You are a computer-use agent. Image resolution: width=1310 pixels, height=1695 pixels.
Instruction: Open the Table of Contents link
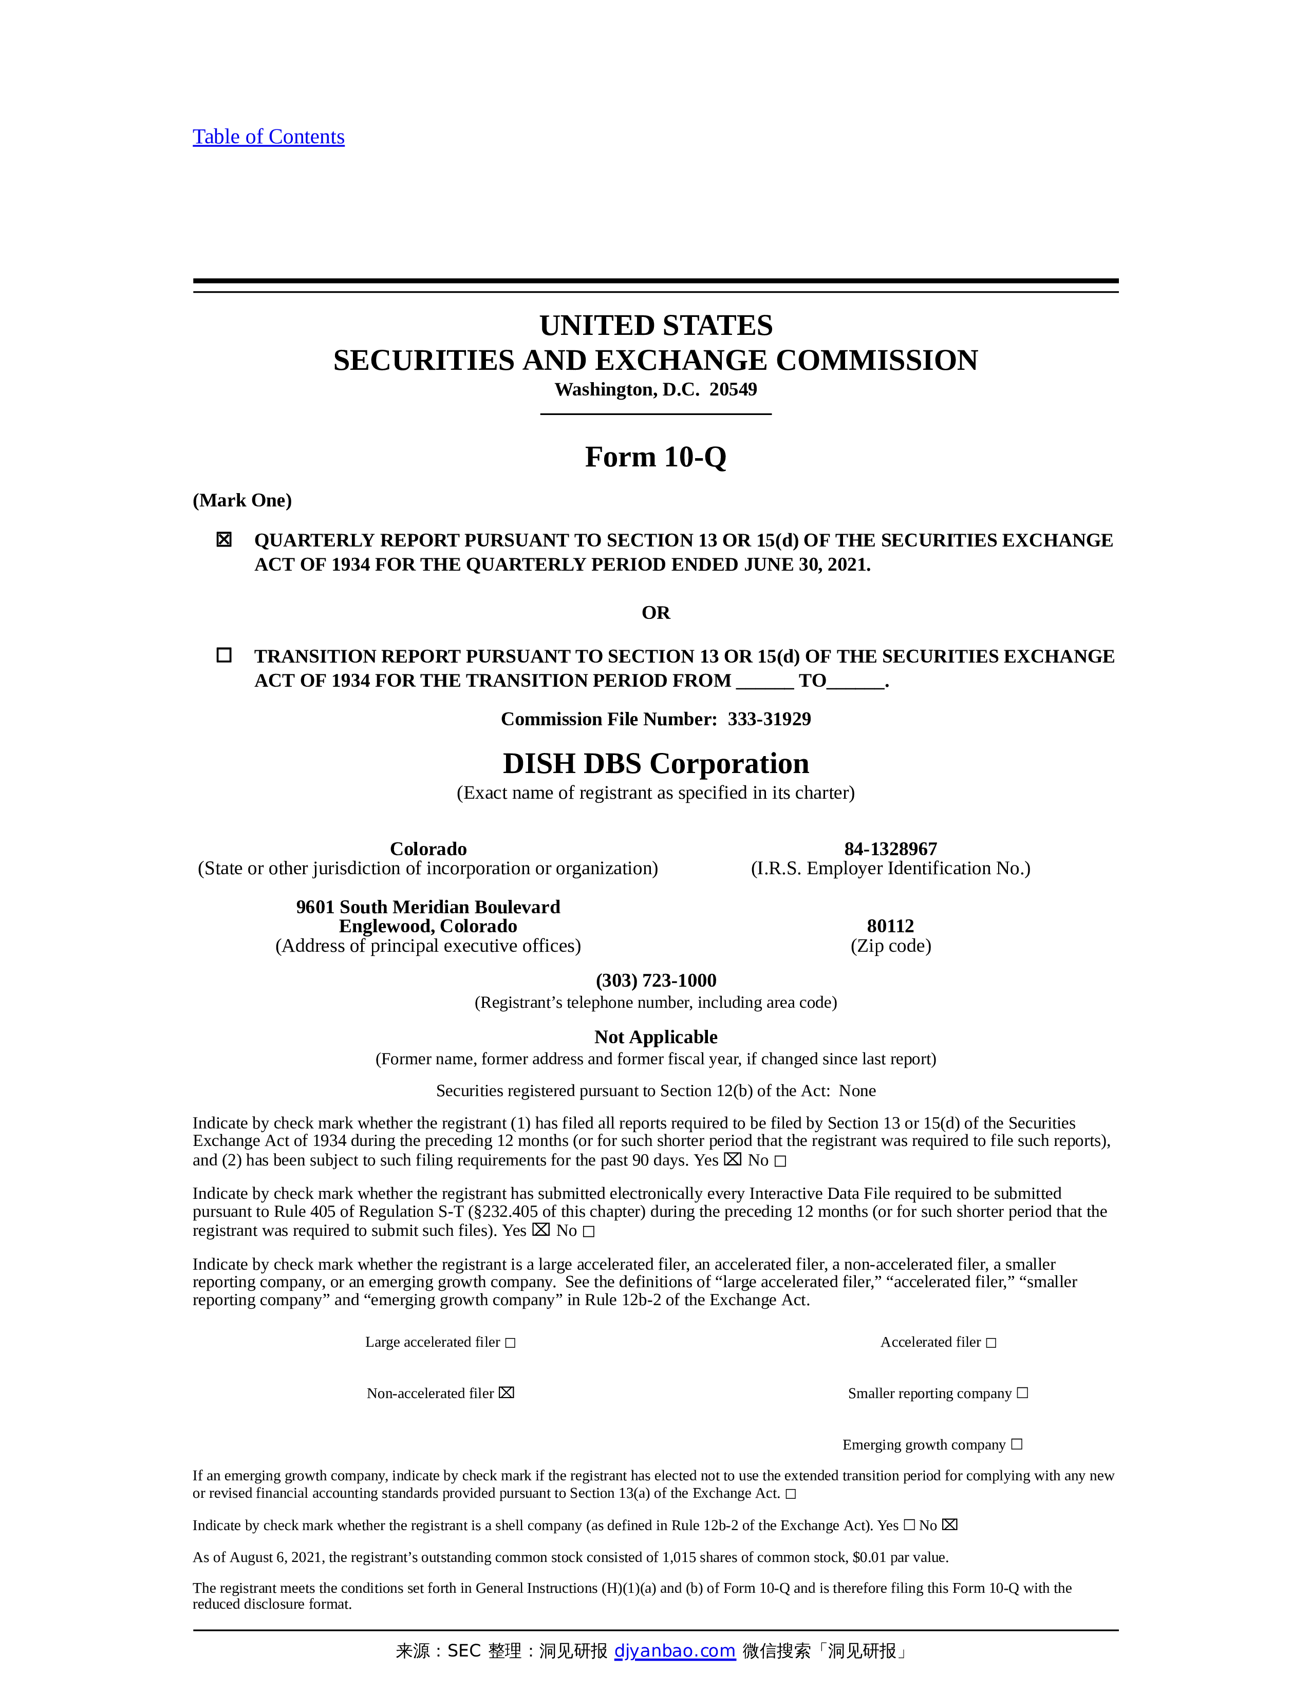click(269, 137)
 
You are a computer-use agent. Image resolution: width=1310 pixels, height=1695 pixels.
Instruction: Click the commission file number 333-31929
click(769, 720)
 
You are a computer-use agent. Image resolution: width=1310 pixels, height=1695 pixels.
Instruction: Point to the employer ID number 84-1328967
click(890, 849)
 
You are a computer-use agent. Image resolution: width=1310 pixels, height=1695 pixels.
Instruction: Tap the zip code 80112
click(890, 926)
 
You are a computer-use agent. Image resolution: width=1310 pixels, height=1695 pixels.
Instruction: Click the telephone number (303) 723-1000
click(656, 980)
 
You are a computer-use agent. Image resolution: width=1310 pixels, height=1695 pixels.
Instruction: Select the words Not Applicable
click(656, 1037)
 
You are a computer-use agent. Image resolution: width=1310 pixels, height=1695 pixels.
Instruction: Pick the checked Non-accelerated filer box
click(507, 1393)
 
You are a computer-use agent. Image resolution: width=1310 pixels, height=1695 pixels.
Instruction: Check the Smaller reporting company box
click(1022, 1393)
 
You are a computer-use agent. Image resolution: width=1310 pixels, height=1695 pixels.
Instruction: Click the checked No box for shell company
click(950, 1525)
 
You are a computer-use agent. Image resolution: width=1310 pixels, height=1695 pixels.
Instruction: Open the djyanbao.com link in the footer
click(675, 1651)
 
